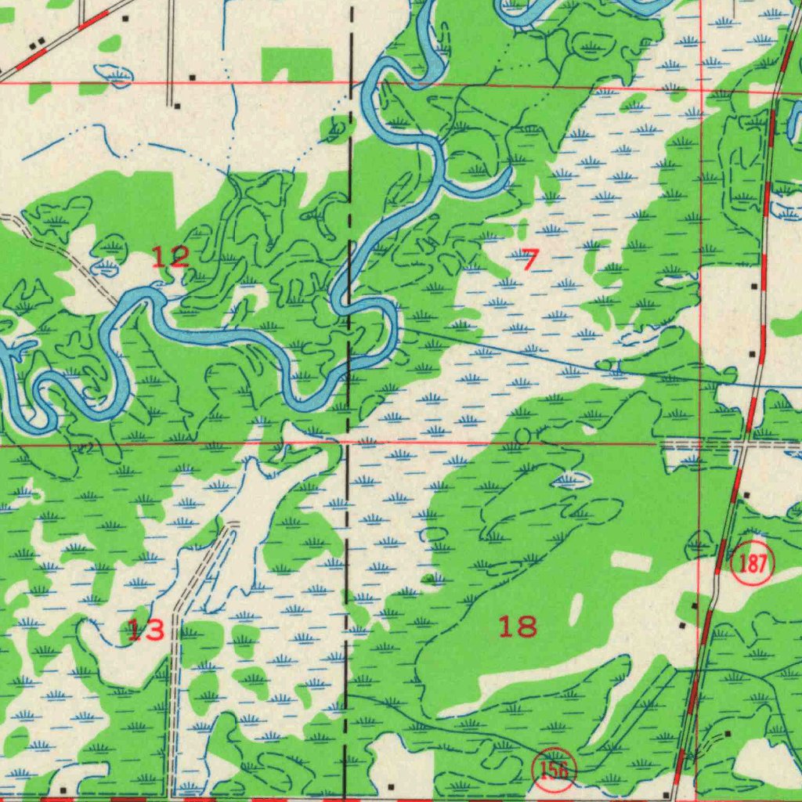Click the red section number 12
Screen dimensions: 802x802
coord(170,256)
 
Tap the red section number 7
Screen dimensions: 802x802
coord(530,258)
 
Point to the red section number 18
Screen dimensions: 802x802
coord(518,626)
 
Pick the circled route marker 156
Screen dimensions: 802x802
coord(555,771)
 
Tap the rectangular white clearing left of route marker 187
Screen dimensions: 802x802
coord(631,562)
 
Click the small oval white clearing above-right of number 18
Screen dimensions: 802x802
coord(578,609)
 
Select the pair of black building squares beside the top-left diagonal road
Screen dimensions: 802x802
coord(36,43)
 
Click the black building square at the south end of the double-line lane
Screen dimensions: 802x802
coord(178,105)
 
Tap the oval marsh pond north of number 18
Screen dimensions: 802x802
coord(570,479)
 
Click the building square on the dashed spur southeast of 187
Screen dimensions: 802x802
coord(728,733)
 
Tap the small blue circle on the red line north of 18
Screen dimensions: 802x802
coord(522,435)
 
